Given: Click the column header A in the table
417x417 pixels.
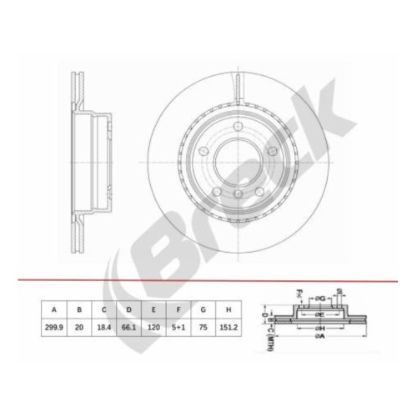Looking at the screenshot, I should (x=55, y=309).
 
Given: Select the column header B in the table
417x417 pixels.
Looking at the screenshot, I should (x=79, y=309).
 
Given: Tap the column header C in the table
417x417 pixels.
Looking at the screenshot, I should (x=104, y=309).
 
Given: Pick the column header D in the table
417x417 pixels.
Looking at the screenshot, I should (x=129, y=309).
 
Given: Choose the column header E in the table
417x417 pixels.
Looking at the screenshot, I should (x=153, y=309).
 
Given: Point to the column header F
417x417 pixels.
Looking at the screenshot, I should (x=178, y=309).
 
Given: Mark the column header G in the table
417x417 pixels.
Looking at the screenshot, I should (x=203, y=309).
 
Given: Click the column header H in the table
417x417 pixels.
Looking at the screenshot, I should (x=228, y=309).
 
